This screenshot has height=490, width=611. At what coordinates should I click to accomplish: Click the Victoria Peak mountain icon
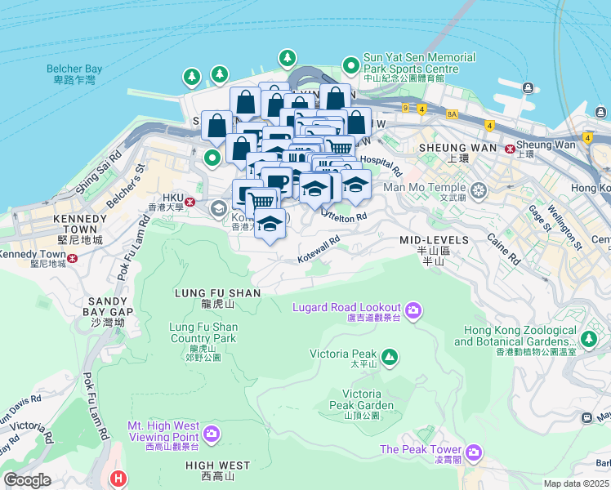coord(390,356)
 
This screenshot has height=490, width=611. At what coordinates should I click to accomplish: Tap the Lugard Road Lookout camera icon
coord(413,310)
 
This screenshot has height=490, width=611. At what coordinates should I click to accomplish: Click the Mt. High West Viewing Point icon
coord(212,432)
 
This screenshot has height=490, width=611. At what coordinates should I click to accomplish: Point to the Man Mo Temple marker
coord(478,191)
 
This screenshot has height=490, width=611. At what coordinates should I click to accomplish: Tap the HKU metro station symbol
coord(190,202)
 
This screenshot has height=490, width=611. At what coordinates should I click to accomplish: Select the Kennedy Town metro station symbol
coord(73,258)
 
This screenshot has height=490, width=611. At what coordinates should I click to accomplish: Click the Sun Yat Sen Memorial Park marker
coord(351,65)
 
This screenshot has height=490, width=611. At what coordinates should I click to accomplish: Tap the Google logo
coord(27,480)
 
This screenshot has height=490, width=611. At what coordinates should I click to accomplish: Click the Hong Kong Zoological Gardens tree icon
coord(589,336)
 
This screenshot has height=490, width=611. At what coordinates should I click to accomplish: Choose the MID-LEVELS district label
coord(434,240)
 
